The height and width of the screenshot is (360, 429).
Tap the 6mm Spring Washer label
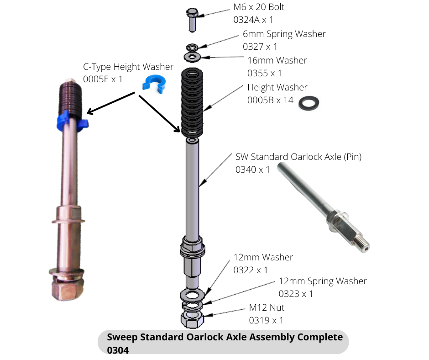coord(284,34)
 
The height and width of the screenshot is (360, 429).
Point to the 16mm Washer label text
coord(277,60)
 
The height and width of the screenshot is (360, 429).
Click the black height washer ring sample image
coord(309,103)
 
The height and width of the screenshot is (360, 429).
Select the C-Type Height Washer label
coord(128,67)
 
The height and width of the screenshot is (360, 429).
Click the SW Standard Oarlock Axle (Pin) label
coord(298,157)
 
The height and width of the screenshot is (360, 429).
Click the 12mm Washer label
coord(263,257)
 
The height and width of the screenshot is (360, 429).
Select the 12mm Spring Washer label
coord(322,281)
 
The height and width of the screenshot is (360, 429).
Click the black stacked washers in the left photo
coord(72,96)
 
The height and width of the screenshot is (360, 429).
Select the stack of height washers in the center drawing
coord(193,102)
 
